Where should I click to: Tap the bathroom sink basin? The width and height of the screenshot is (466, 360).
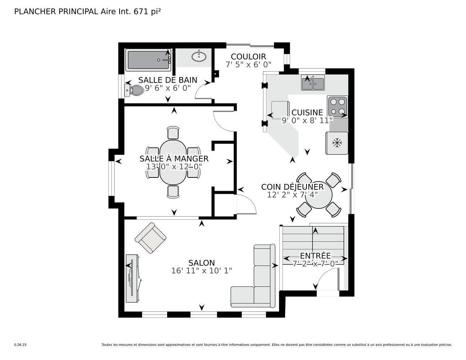coord(198,56)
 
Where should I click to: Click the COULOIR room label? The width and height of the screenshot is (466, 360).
coord(248,57)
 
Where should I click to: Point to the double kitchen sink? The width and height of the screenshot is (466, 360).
coord(313,83)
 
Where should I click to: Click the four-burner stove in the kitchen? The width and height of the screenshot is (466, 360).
coord(337,107)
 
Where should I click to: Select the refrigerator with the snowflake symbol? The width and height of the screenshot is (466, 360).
coord(337,143)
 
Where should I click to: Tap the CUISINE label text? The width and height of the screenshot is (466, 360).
coord(307,112)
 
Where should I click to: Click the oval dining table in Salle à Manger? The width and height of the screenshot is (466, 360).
coord(173,162)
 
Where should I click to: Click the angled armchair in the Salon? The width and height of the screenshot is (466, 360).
coord(151,238)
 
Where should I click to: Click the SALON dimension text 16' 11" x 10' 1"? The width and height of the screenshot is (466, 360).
coord(201,271)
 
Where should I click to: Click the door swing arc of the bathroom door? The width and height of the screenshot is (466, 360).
coord(202,93)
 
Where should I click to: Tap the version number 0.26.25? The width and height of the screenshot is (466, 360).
coord(20,345)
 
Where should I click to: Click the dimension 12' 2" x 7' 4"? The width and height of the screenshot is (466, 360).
coord(292,195)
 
